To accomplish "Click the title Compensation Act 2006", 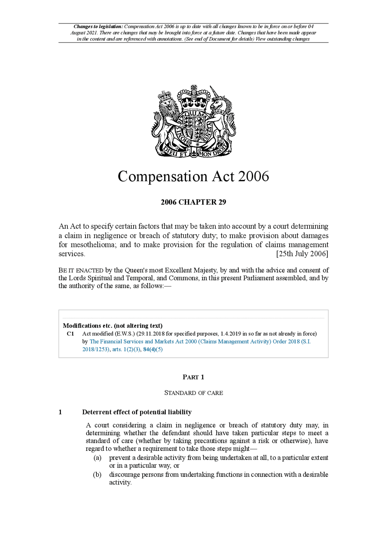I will click(x=193, y=177).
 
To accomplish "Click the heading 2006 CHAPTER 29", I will click(x=193, y=202).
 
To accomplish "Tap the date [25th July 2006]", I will click(x=302, y=254).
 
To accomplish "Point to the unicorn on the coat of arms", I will click(x=222, y=115).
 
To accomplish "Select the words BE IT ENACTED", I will click(x=81, y=271).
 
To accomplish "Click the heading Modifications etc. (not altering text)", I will click(x=112, y=326).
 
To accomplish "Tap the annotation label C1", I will click(x=70, y=334).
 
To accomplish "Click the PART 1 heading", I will click(x=193, y=377).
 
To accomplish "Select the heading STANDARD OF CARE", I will click(x=193, y=393).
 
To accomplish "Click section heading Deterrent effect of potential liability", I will click(x=137, y=412).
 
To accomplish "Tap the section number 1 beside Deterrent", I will click(x=60, y=412).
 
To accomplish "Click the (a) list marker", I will click(x=97, y=458).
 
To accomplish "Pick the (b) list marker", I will click(x=97, y=475).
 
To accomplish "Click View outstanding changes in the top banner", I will click(x=282, y=39).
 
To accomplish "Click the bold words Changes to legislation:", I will click(x=98, y=27).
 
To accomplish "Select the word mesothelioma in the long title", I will click(x=93, y=245).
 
